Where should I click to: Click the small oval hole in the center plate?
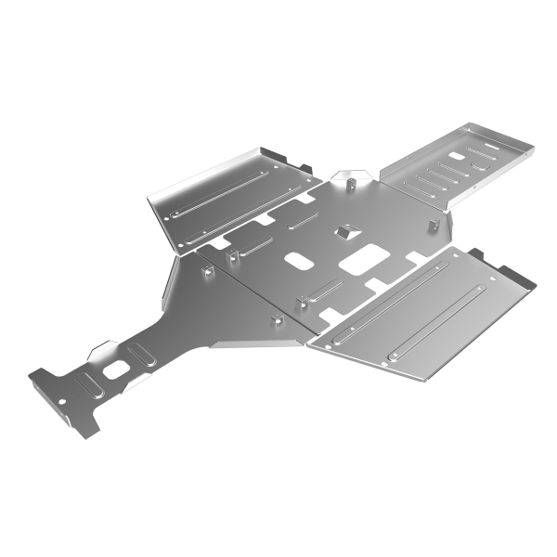(x=299, y=261)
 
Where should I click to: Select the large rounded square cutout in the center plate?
(x=363, y=259)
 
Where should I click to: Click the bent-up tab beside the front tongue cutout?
(x=102, y=351)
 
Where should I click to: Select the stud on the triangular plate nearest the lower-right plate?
(x=276, y=319)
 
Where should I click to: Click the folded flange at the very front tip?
(x=82, y=426)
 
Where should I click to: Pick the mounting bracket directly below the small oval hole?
(x=302, y=303)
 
